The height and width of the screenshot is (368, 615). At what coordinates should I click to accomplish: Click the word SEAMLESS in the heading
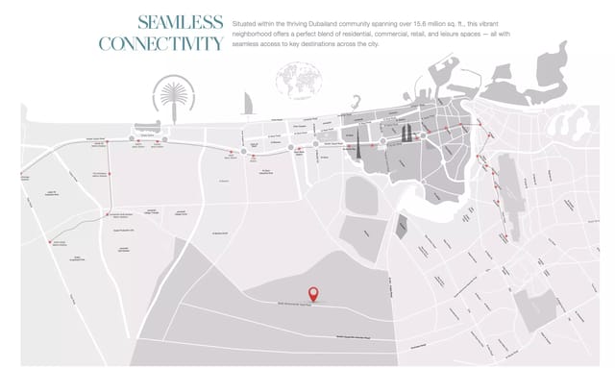click(181, 22)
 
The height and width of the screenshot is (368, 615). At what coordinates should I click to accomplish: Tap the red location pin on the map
click(313, 295)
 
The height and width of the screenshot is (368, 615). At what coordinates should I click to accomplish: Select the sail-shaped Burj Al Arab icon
click(248, 104)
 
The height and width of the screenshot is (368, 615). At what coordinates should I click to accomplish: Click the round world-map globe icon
click(292, 79)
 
